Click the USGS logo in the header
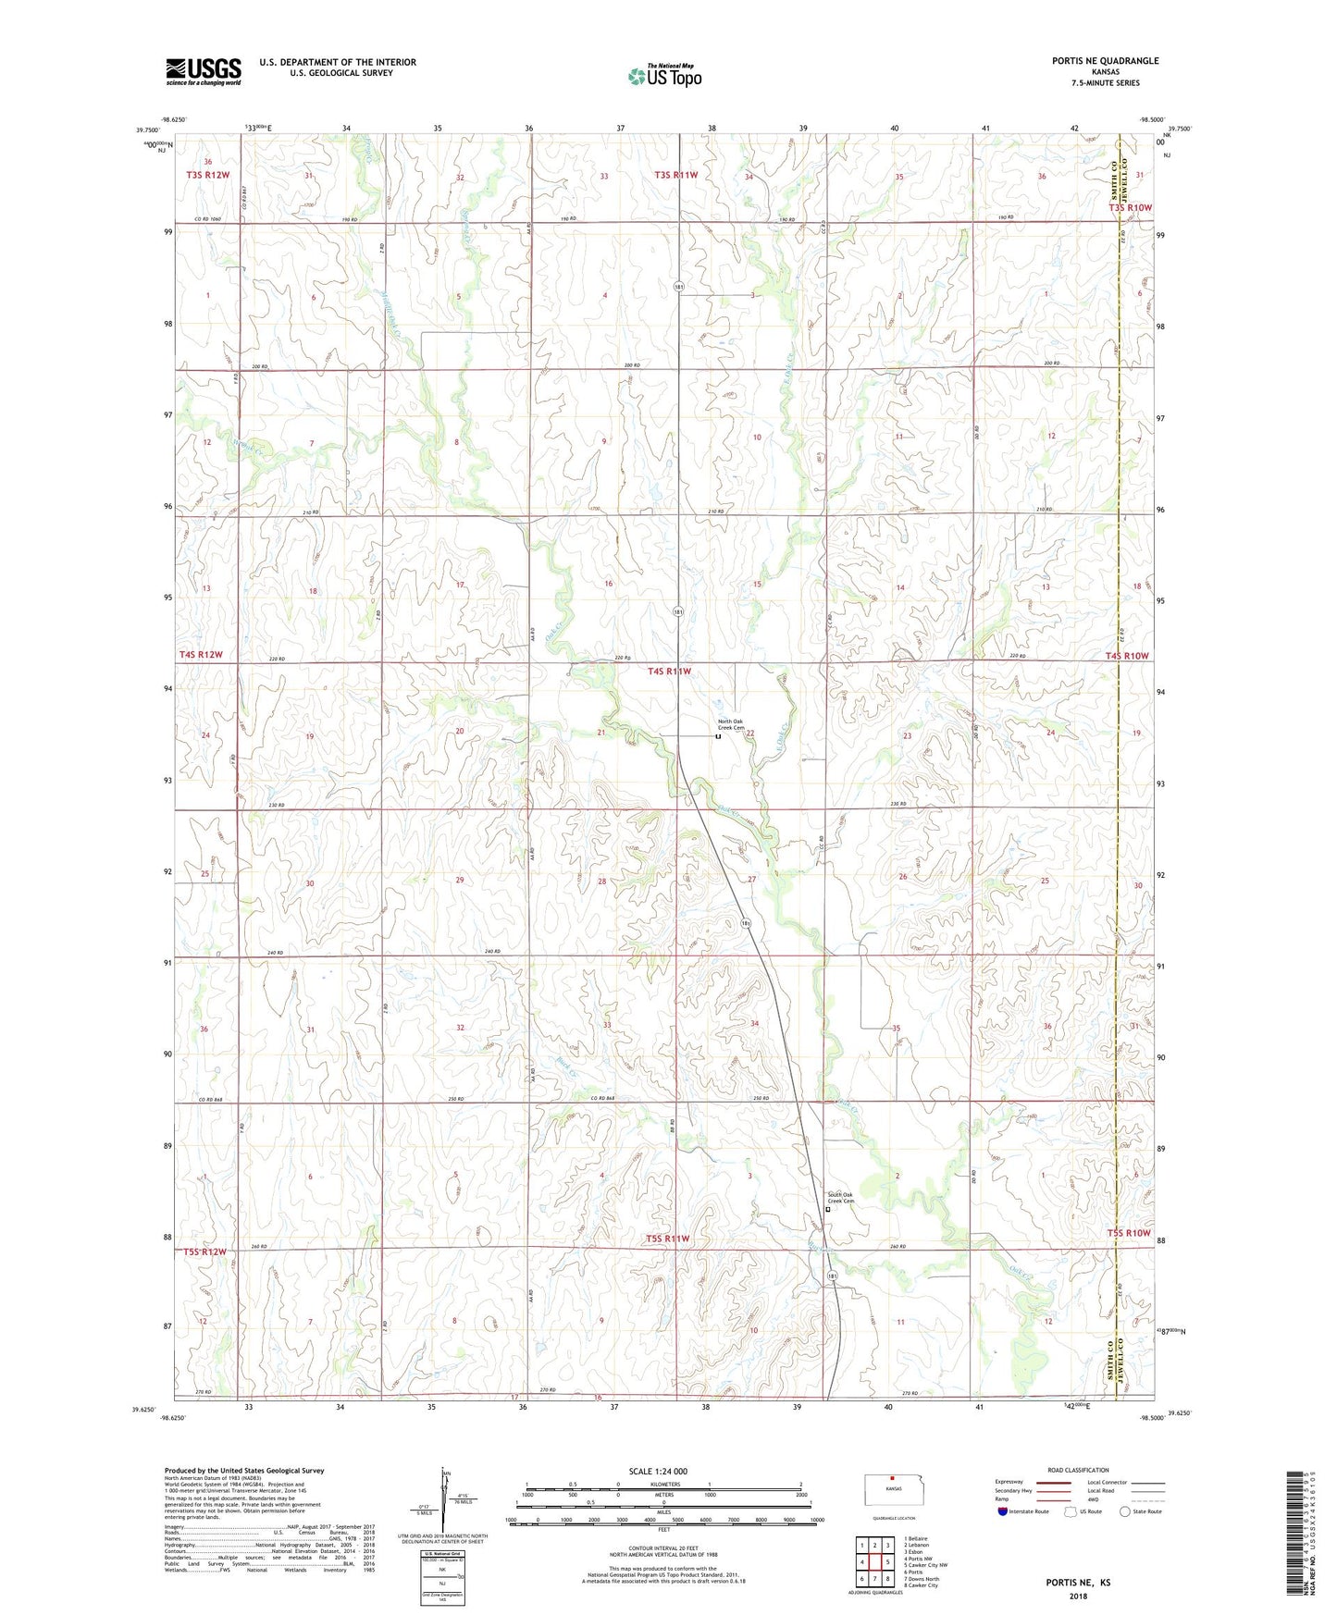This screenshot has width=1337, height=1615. point(204,71)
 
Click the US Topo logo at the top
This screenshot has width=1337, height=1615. point(664,76)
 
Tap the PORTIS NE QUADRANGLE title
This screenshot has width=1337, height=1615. point(1105,61)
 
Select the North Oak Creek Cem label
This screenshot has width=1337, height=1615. point(731,725)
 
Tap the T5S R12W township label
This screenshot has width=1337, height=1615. point(204,1251)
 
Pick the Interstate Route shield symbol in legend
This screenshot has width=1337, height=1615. point(1004,1511)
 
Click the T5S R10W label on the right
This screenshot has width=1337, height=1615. point(1128,1233)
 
